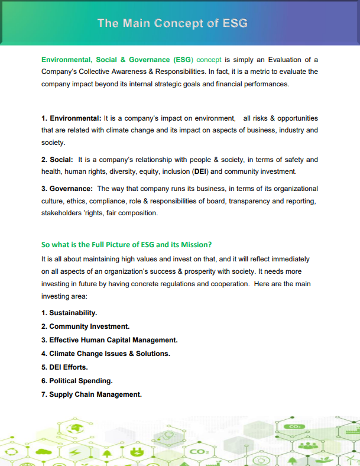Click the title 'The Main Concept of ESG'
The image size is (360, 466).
172,23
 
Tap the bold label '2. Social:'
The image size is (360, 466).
57,160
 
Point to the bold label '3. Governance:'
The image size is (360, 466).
67,189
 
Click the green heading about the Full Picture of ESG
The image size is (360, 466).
127,244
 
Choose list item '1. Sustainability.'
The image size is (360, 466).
69,312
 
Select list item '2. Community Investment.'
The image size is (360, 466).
85,326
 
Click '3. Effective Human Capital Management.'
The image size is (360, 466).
109,340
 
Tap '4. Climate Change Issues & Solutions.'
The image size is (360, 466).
105,354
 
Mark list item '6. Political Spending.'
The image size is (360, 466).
77,381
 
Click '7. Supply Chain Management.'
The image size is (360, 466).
92,394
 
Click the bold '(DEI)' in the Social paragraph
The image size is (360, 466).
200,171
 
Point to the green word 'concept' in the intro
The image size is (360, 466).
209,60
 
